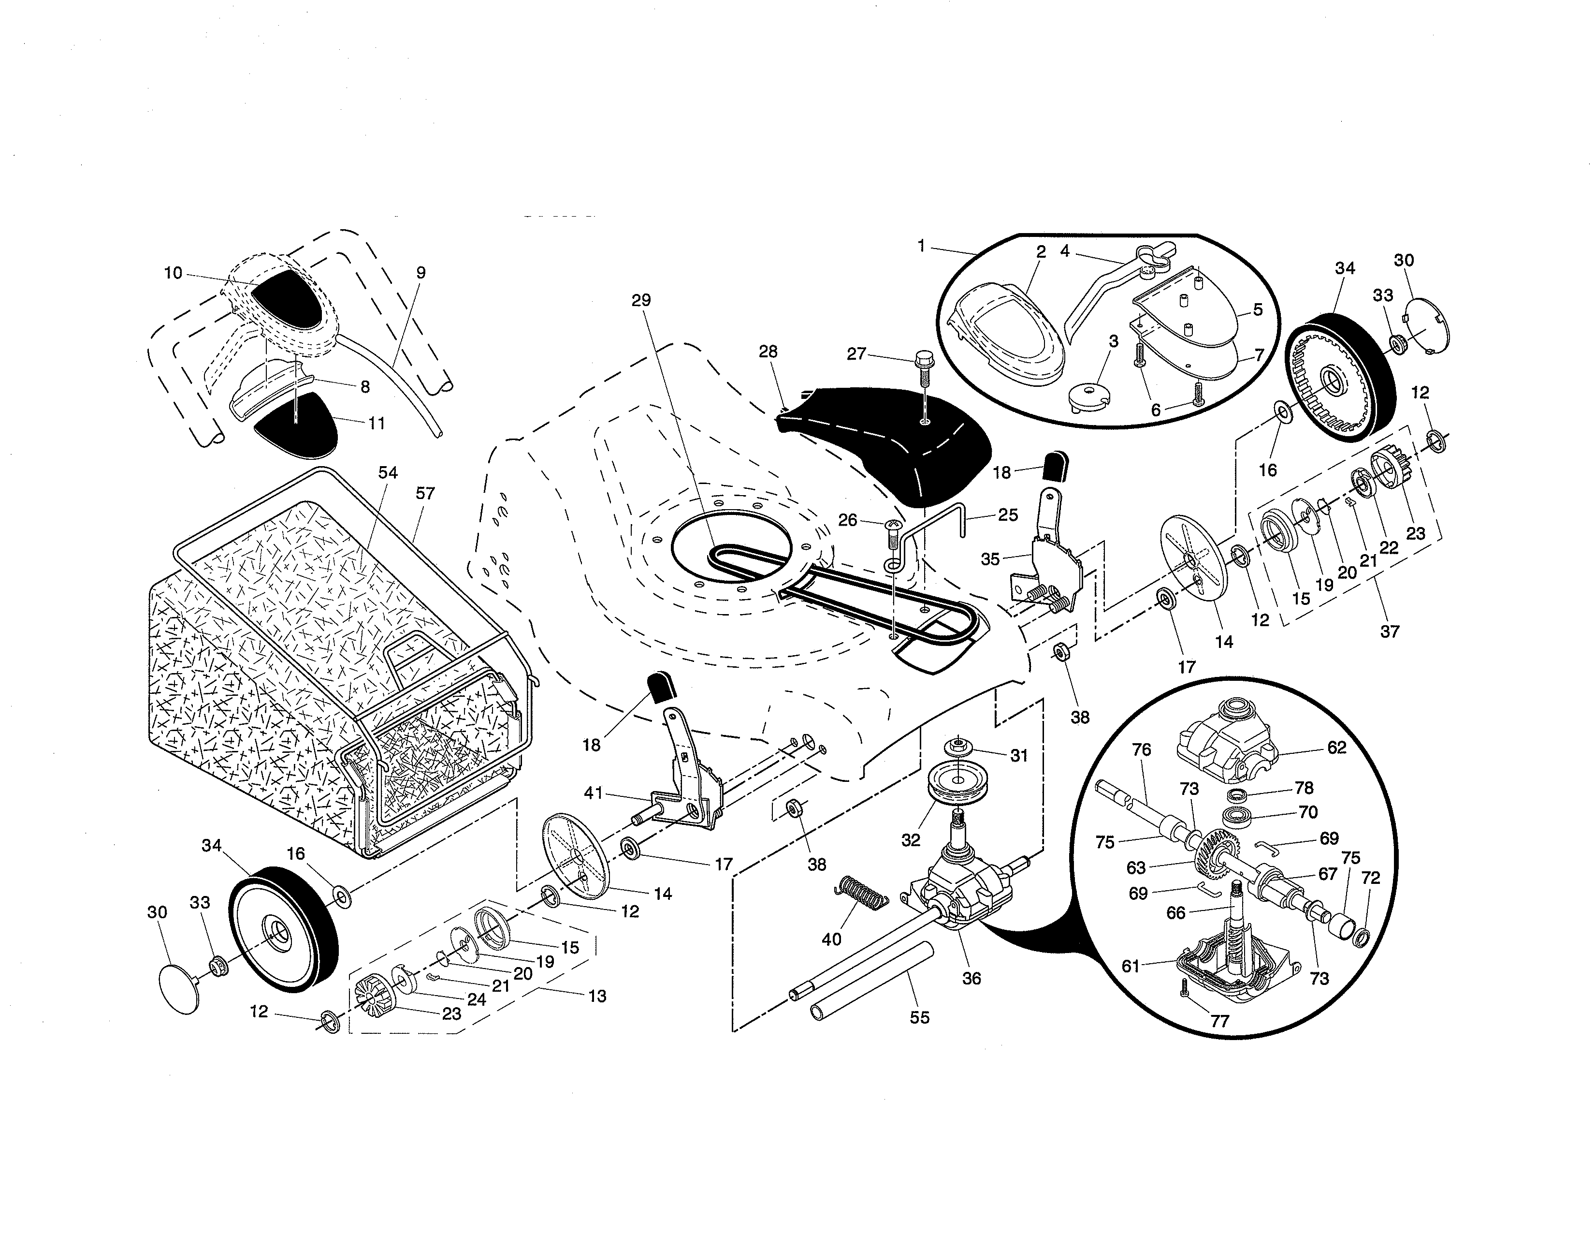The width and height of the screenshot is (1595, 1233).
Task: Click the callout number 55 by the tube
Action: pos(919,1017)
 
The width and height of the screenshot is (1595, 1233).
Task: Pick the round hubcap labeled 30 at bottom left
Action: pos(179,988)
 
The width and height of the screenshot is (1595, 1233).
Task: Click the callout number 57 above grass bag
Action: pos(425,494)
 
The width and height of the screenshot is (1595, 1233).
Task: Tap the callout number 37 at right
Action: pos(1389,631)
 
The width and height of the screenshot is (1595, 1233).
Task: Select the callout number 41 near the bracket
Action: pos(593,793)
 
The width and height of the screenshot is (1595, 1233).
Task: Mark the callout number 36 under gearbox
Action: pos(971,978)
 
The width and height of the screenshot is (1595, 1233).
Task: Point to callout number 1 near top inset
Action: pos(922,246)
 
